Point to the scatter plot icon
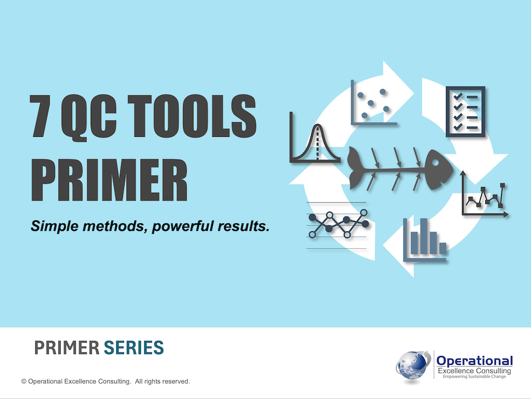374,103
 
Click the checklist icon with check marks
465,111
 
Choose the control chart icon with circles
338,224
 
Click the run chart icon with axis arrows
484,195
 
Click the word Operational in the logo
474,361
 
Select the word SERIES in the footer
134,348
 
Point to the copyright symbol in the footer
24,382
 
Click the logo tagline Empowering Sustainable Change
474,378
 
